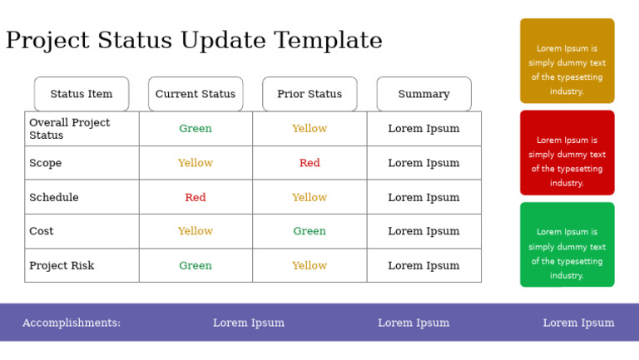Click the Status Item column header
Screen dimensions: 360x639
point(82,94)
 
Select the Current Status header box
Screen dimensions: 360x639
point(196,94)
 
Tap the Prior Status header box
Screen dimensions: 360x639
point(310,94)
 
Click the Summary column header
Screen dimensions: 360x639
point(424,94)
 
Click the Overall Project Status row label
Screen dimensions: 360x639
point(69,129)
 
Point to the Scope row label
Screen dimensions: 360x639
point(46,163)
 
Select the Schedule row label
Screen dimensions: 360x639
point(54,198)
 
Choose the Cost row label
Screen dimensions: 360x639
point(42,231)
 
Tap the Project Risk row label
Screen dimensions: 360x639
point(62,266)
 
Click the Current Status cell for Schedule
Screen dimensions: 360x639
point(196,198)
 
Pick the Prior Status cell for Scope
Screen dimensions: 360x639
point(310,163)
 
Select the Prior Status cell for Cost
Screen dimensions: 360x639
point(310,231)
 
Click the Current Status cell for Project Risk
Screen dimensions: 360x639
point(196,266)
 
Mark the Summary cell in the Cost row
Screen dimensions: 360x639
point(424,231)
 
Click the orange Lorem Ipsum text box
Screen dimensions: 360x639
point(567,61)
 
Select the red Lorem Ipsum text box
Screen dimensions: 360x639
point(567,153)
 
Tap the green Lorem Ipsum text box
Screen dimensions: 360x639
point(567,244)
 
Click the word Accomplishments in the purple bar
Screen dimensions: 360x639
point(72,323)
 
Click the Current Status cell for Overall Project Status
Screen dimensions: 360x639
point(196,129)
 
